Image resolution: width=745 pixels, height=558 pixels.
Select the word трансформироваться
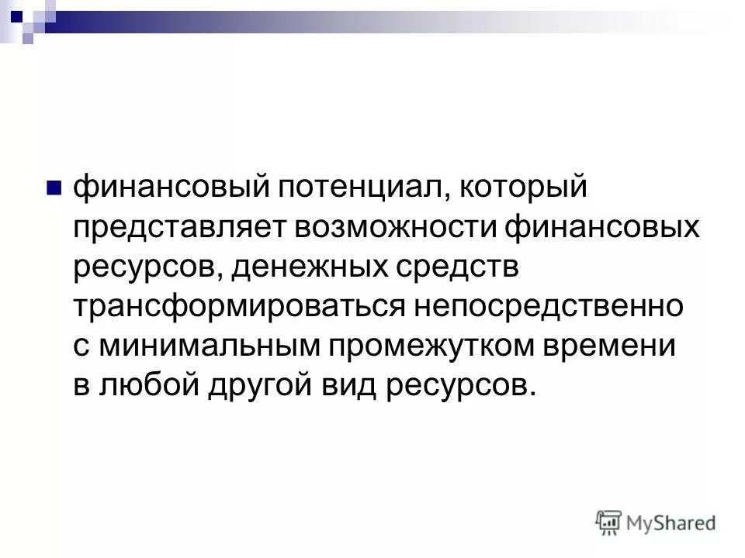237,307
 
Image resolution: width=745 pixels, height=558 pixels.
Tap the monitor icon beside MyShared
609,522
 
